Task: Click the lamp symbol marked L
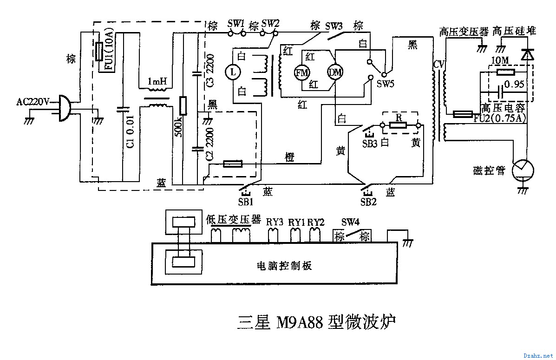[x=234, y=72]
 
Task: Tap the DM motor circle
[x=334, y=72]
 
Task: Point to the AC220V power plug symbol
[x=65, y=108]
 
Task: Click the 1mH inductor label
[x=157, y=82]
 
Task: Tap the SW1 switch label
[x=236, y=23]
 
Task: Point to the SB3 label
[x=370, y=143]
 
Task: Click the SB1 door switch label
[x=246, y=202]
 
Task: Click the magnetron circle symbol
[x=523, y=170]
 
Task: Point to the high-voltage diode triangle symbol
[x=526, y=55]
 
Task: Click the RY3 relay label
[x=275, y=222]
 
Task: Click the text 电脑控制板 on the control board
[x=284, y=266]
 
